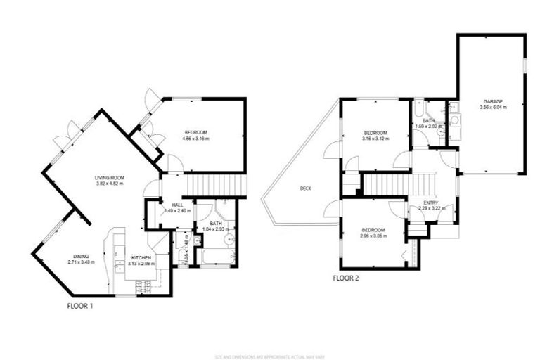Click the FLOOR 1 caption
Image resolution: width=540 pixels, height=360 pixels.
[x=80, y=306]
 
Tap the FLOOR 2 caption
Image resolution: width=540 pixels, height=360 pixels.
[x=346, y=278]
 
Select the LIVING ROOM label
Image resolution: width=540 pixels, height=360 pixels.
[x=110, y=177]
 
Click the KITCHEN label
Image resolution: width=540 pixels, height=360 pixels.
[x=142, y=259]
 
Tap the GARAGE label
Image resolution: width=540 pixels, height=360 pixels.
[x=493, y=101]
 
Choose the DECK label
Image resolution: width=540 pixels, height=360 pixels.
[x=305, y=188]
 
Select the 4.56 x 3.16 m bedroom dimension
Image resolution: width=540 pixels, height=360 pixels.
[x=195, y=139]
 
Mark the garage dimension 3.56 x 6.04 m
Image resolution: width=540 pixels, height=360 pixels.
[x=493, y=108]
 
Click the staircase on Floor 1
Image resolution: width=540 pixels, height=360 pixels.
[x=217, y=186]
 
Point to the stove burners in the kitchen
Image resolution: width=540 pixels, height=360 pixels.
[x=143, y=287]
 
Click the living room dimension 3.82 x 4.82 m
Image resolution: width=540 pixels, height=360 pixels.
[x=110, y=183]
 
